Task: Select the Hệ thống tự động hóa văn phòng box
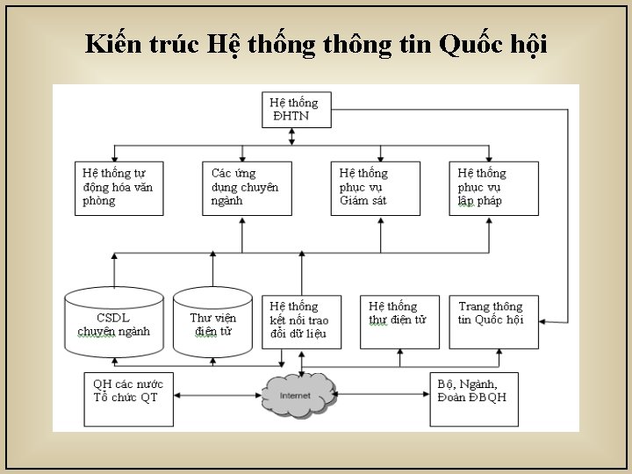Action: [x=118, y=187]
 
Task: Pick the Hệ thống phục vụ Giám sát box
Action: [x=372, y=187]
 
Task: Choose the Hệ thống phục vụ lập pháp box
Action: [x=491, y=187]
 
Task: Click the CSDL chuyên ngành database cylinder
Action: [x=114, y=322]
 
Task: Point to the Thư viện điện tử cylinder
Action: [x=212, y=322]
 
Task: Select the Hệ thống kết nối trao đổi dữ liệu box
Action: [x=298, y=320]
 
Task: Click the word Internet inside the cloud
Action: [x=295, y=396]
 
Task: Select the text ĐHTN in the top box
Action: [x=291, y=116]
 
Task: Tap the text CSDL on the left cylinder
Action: [x=113, y=317]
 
